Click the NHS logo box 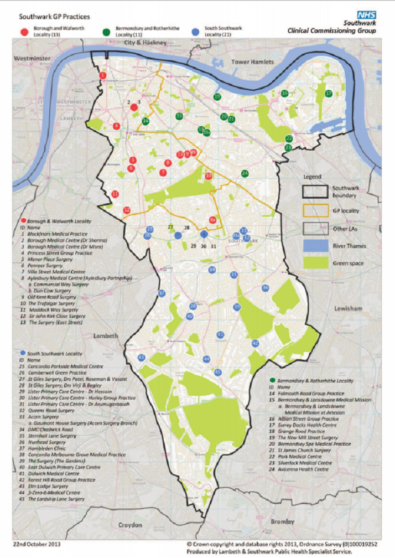tap(366, 15)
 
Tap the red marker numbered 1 tap(102, 75)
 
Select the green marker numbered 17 tap(328, 94)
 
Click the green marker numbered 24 tap(245, 173)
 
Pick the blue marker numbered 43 tap(142, 358)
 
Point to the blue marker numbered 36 tap(265, 288)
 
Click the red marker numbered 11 tap(115, 194)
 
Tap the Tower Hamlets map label tap(252, 62)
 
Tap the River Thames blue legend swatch tap(315, 245)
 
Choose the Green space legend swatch tap(315, 263)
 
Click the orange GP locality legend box tap(315, 209)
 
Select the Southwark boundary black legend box tap(315, 191)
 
